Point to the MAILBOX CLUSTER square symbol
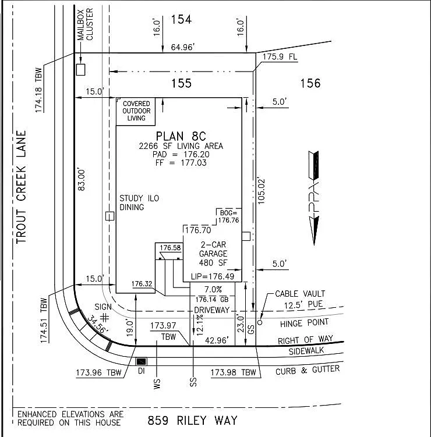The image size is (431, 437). click(x=80, y=69)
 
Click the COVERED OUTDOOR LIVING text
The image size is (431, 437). click(x=136, y=111)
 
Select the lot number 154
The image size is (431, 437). click(x=181, y=20)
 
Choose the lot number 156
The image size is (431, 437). click(x=310, y=83)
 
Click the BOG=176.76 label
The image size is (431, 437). click(x=229, y=216)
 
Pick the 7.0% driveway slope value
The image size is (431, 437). click(x=213, y=289)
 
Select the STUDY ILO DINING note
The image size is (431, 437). click(x=139, y=202)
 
